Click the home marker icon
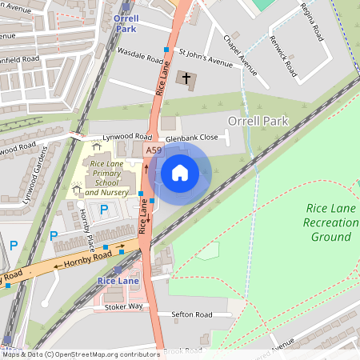[x=180, y=172]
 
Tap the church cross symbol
[x=187, y=78]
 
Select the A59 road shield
[x=154, y=150]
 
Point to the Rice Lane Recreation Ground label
[x=330, y=222]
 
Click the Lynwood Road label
[x=119, y=137]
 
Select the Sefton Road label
[x=191, y=314]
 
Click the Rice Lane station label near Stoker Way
[x=118, y=281]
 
